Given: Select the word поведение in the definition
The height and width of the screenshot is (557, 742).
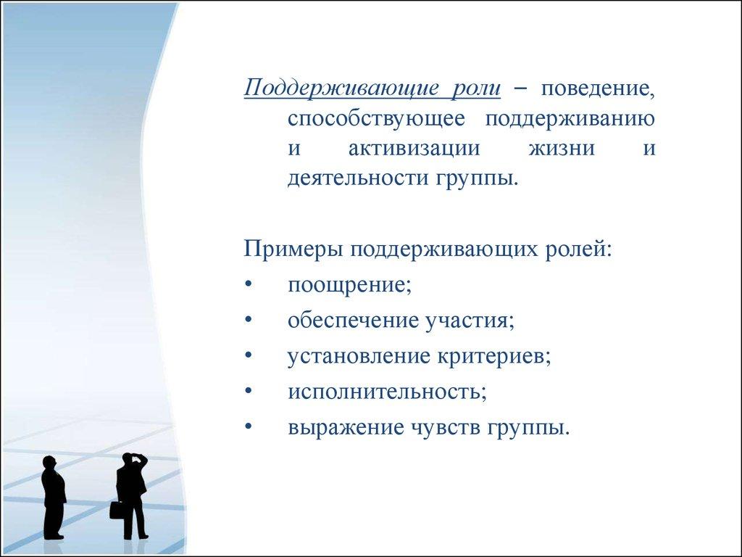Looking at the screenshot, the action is coord(598,89).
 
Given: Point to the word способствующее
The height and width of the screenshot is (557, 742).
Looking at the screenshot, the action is coord(376,120).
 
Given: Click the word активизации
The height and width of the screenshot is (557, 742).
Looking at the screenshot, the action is coord(414,149).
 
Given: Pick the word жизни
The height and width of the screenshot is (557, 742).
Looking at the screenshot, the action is coord(562,149).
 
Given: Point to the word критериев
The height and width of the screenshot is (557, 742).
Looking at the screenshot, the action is coord(494,356).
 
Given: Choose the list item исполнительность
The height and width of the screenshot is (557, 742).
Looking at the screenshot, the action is coord(387,391).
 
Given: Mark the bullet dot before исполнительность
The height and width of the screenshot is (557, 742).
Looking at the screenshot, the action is coord(249,392).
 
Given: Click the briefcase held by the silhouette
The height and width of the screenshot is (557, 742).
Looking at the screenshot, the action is coord(116,510).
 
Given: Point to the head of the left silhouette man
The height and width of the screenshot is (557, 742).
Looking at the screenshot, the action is coord(49,463).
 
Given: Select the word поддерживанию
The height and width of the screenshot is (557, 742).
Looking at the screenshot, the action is coord(570,120).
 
